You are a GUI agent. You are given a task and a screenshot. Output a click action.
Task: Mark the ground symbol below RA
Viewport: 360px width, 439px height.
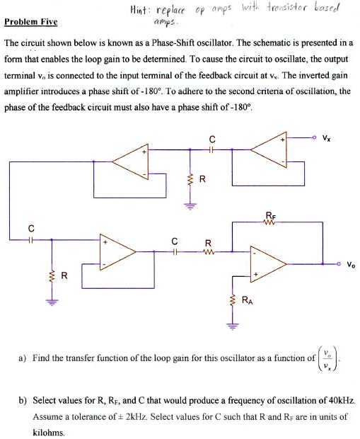click(x=231, y=327)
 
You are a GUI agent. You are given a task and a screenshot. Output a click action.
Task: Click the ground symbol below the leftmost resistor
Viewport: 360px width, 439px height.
click(x=50, y=300)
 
